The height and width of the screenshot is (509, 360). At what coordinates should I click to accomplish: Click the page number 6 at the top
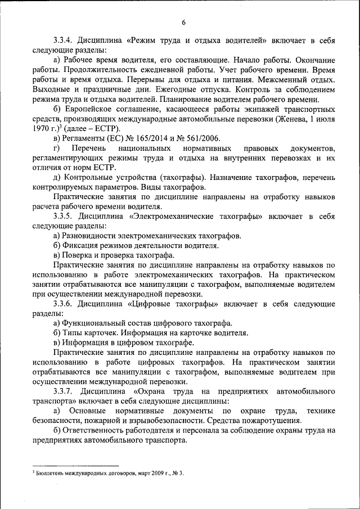pos(183,22)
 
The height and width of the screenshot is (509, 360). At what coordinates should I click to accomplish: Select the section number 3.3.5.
pos(65,216)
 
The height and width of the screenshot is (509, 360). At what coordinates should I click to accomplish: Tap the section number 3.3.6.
pos(65,304)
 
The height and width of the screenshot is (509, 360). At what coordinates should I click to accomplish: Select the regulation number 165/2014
pos(150,138)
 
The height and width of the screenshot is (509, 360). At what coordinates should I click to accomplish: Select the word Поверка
pos(79,255)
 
